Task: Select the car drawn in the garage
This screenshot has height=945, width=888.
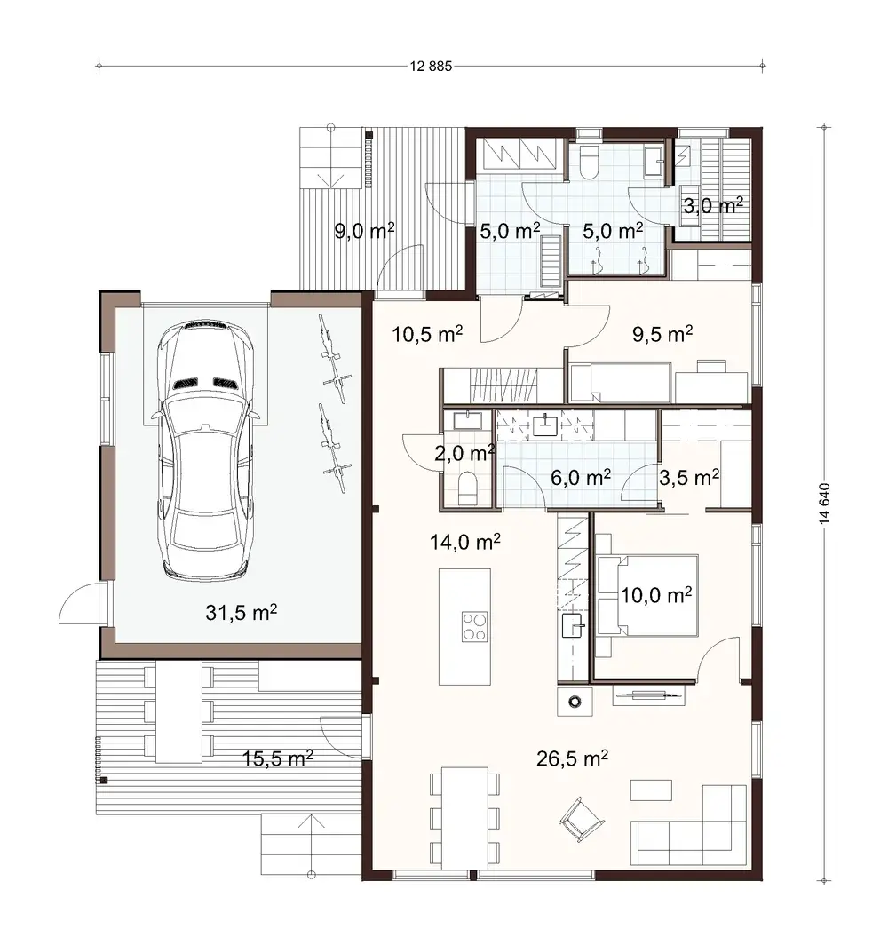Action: pyautogui.click(x=206, y=450)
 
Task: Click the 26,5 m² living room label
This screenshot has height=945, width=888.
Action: pyautogui.click(x=572, y=757)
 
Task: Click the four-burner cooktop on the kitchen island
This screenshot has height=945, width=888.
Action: pyautogui.click(x=474, y=626)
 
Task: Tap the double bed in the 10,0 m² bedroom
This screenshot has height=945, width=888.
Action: pyautogui.click(x=646, y=595)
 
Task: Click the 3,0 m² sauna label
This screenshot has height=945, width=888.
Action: pyautogui.click(x=712, y=206)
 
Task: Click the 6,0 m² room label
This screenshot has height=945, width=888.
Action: pyautogui.click(x=581, y=477)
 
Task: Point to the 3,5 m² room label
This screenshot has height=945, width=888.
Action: pyautogui.click(x=689, y=477)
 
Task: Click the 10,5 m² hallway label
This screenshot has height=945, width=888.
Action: pyautogui.click(x=427, y=334)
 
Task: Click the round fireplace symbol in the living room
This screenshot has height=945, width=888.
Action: pyautogui.click(x=575, y=701)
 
